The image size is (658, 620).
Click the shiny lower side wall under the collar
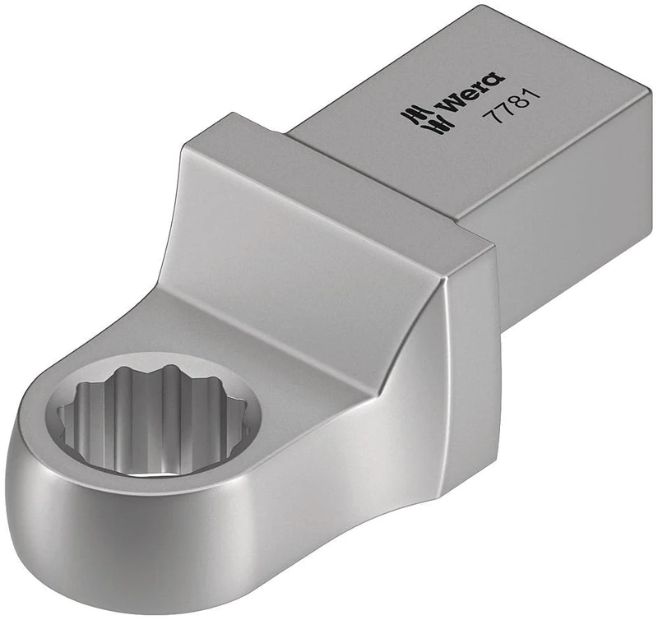coord(345,428)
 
